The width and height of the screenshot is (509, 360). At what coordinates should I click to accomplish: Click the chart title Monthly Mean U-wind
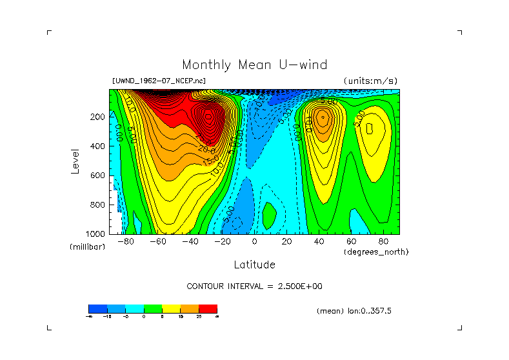coord(254,65)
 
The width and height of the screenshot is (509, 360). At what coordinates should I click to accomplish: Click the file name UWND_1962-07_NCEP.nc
coord(159,81)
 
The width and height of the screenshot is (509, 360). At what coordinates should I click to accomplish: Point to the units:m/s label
coord(370,81)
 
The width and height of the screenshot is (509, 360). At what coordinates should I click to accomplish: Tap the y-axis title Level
coord(76,161)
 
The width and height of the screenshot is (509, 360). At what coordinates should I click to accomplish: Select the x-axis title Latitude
coord(254,265)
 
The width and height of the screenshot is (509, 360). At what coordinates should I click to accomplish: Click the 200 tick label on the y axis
coord(98,117)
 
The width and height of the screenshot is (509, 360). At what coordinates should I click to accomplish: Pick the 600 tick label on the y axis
coord(98,175)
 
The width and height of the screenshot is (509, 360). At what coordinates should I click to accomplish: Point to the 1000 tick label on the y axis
coord(96,234)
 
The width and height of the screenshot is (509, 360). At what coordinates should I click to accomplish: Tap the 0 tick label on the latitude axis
coord(254,242)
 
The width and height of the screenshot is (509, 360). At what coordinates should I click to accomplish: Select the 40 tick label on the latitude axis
coord(319,242)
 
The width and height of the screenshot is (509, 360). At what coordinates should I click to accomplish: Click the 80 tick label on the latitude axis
coord(383,242)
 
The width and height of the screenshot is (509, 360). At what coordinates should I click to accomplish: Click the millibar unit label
coord(87,247)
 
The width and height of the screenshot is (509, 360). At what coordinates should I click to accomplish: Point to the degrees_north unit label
coord(376,252)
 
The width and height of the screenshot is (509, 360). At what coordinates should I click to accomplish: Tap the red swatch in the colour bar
coord(208,309)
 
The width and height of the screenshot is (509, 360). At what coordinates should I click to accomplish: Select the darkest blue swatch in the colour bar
coord(97,309)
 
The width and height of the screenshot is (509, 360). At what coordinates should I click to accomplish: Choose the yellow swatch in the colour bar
coord(171,309)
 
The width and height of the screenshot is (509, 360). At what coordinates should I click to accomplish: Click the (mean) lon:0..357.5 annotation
coord(354,311)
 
